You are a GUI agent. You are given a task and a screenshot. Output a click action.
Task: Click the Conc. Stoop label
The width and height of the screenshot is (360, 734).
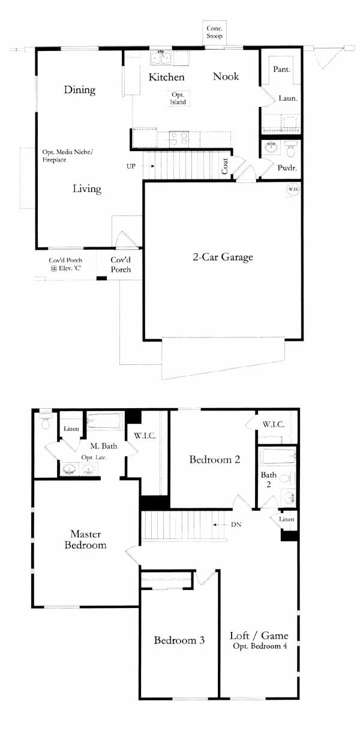pyautogui.click(x=214, y=32)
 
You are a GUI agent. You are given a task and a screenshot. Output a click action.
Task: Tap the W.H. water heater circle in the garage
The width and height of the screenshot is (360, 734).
pyautogui.click(x=293, y=190)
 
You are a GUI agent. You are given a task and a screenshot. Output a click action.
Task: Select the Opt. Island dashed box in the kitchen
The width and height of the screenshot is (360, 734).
pyautogui.click(x=178, y=98)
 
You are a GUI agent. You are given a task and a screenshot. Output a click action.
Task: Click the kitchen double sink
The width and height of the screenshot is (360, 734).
pyautogui.click(x=161, y=58)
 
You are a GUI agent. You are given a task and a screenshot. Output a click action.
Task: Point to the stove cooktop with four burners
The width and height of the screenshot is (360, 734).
pyautogui.click(x=179, y=139)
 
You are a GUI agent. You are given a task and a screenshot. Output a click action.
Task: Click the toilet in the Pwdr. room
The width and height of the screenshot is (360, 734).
pyautogui.click(x=290, y=149)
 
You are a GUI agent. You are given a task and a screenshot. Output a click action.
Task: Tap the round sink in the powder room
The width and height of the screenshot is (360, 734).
pyautogui.click(x=271, y=148)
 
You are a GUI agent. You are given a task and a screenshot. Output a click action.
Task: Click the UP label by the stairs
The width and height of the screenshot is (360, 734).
pyautogui.click(x=131, y=166)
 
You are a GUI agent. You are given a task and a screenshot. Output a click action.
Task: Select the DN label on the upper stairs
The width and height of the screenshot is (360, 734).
pyautogui.click(x=236, y=525)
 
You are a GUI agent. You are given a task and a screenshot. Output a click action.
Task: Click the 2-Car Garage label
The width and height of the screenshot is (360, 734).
pyautogui.click(x=223, y=257)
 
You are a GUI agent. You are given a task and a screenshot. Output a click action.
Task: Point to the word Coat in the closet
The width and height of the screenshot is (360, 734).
pyautogui.click(x=225, y=166)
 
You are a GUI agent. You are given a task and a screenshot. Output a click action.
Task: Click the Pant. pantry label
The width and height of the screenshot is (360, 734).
pyautogui.click(x=281, y=70)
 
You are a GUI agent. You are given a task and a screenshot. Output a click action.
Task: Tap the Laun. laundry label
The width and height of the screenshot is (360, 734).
pyautogui.click(x=288, y=98)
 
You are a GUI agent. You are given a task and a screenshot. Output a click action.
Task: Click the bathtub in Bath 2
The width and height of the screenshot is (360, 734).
pyautogui.click(x=278, y=456)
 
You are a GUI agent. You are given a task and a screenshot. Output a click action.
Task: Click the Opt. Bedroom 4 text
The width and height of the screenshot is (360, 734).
pyautogui.click(x=260, y=646)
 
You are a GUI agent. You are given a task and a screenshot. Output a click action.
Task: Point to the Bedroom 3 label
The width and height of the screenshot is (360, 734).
pyautogui.click(x=179, y=640)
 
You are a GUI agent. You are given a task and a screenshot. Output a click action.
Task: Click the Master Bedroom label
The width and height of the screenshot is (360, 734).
pyautogui.click(x=85, y=540)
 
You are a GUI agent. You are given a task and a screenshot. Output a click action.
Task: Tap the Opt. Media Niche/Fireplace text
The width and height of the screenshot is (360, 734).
pyautogui.click(x=68, y=155)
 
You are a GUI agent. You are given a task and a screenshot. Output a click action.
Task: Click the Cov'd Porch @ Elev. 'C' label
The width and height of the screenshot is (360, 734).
pyautogui.click(x=65, y=264)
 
